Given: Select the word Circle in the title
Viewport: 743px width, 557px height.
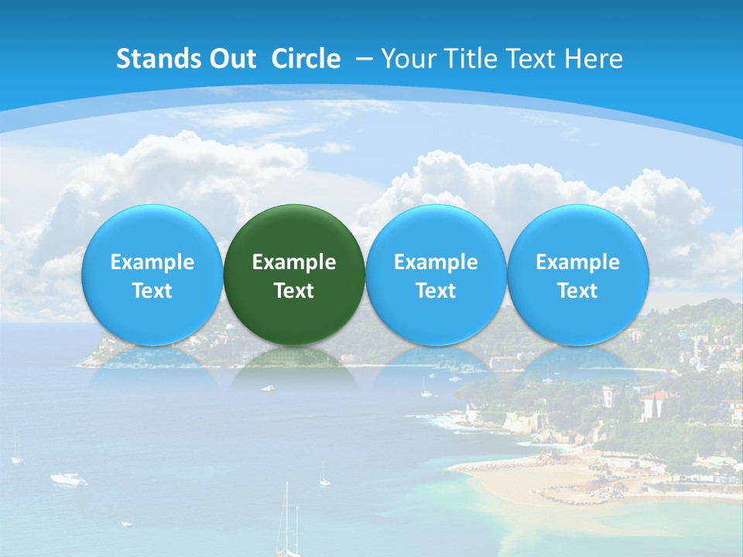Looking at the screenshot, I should pyautogui.click(x=306, y=59).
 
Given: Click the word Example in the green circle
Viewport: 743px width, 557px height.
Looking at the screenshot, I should pyautogui.click(x=294, y=262).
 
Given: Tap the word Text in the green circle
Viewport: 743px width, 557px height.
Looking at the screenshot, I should pyautogui.click(x=294, y=291).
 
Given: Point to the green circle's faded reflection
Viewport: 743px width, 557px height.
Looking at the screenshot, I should pyautogui.click(x=294, y=364).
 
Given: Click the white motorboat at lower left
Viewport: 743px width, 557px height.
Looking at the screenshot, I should pyautogui.click(x=69, y=479).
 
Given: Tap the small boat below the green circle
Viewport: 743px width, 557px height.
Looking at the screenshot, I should pyautogui.click(x=268, y=388).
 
